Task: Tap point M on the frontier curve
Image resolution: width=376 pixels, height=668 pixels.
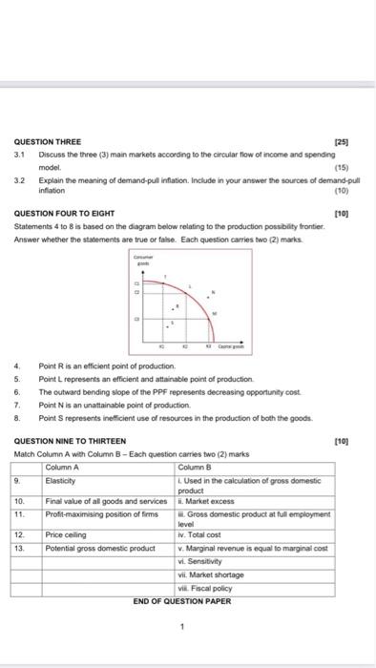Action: pyautogui.click(x=212, y=313)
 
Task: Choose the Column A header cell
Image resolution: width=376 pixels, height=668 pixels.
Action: pyautogui.click(x=63, y=468)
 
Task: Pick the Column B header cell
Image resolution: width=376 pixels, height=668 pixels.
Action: pyautogui.click(x=196, y=468)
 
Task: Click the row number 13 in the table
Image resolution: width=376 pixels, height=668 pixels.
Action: pyautogui.click(x=16, y=549)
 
